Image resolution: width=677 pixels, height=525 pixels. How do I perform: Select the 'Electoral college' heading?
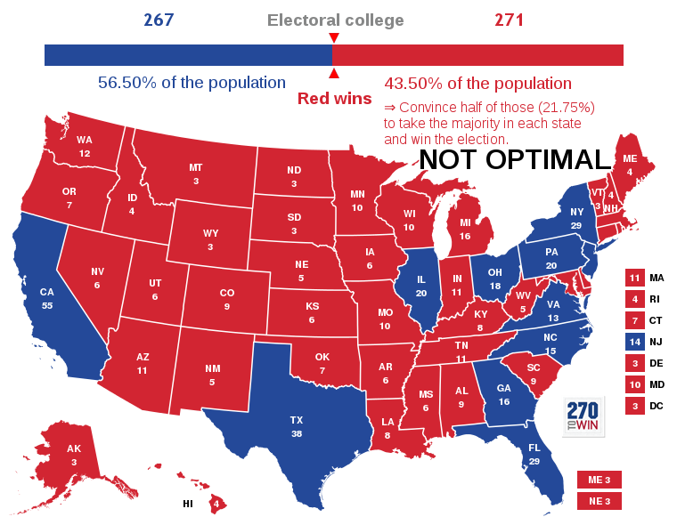(x=335, y=20)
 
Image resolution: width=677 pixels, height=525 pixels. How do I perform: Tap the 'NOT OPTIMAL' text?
(x=515, y=159)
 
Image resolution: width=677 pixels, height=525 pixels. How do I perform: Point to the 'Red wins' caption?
(x=334, y=99)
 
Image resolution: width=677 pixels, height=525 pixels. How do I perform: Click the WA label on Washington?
(x=85, y=140)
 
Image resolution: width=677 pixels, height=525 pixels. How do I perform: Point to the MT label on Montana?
(x=195, y=167)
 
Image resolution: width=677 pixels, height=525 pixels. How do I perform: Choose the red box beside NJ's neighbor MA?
(x=634, y=278)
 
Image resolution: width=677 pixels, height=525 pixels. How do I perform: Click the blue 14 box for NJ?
(x=634, y=342)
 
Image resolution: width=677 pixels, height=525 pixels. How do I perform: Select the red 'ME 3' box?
(x=600, y=480)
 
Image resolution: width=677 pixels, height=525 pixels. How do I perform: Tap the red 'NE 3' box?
(x=600, y=501)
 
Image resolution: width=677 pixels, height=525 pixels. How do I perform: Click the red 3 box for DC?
(x=634, y=406)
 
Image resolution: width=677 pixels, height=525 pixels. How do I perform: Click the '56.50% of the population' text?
(x=192, y=83)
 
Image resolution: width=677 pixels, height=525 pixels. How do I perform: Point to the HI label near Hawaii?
(x=188, y=504)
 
